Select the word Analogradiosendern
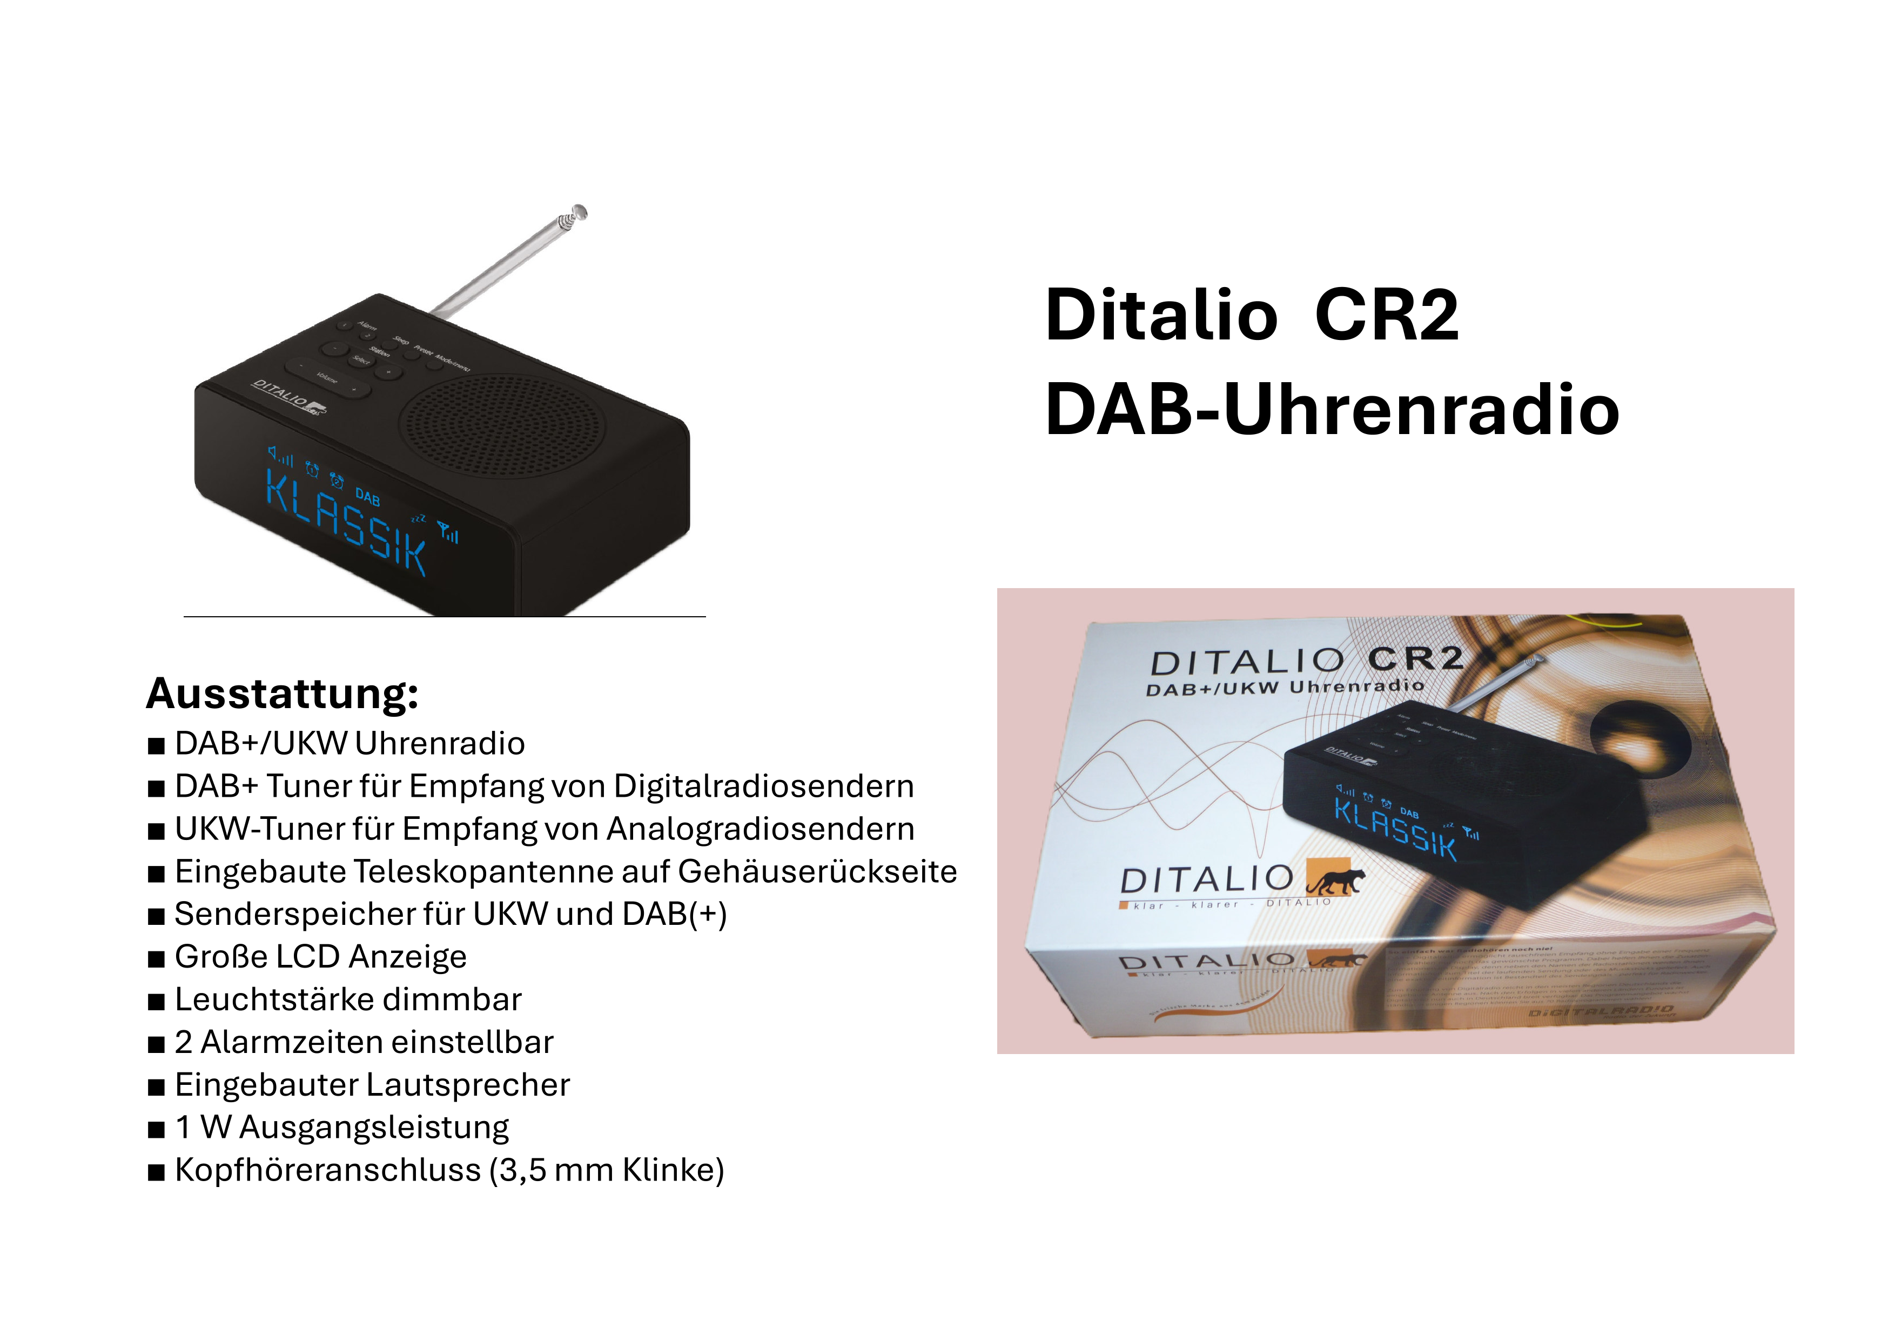coord(760,829)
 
